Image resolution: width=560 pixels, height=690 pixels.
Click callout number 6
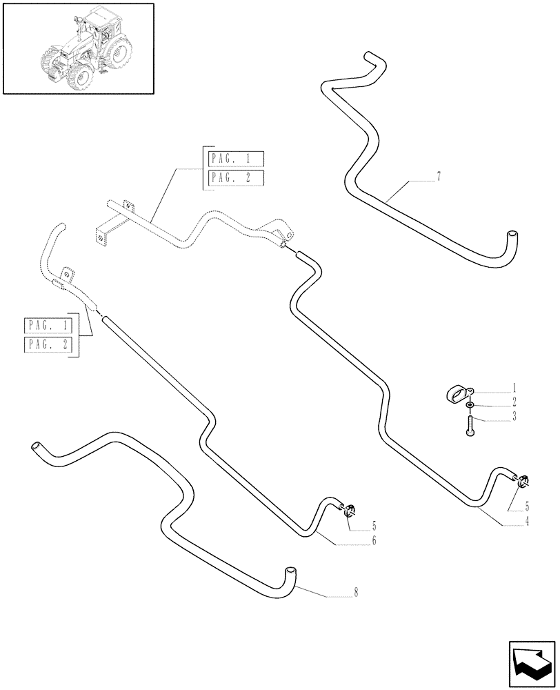point(373,541)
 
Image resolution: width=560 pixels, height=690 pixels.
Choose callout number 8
point(357,591)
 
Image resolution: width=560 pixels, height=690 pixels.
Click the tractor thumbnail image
point(78,48)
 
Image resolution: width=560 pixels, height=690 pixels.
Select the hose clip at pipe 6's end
point(350,511)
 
